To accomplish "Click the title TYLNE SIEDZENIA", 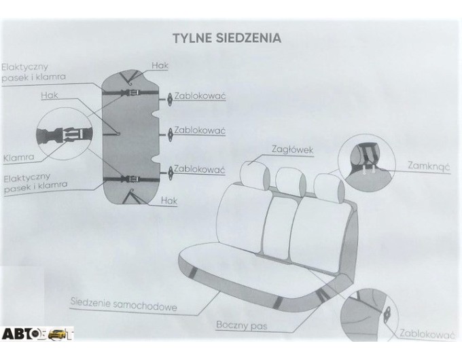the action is [226, 38].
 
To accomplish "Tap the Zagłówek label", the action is [292, 149].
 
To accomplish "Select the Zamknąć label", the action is [429, 166].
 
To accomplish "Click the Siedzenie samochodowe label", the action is [124, 304].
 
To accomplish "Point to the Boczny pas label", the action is [242, 325].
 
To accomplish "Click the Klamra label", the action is [18, 158].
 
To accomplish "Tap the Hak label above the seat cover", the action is [160, 65].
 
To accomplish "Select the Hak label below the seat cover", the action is [169, 201].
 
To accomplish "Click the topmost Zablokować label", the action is [200, 96].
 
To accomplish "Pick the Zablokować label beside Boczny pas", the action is [426, 334].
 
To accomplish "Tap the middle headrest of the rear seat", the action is [291, 180].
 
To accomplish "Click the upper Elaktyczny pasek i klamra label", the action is [33, 72].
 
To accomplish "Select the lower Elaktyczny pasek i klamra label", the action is [35, 183].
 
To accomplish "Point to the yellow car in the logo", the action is [57, 334].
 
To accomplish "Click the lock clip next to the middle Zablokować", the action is [170, 134].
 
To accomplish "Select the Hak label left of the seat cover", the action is [50, 95].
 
